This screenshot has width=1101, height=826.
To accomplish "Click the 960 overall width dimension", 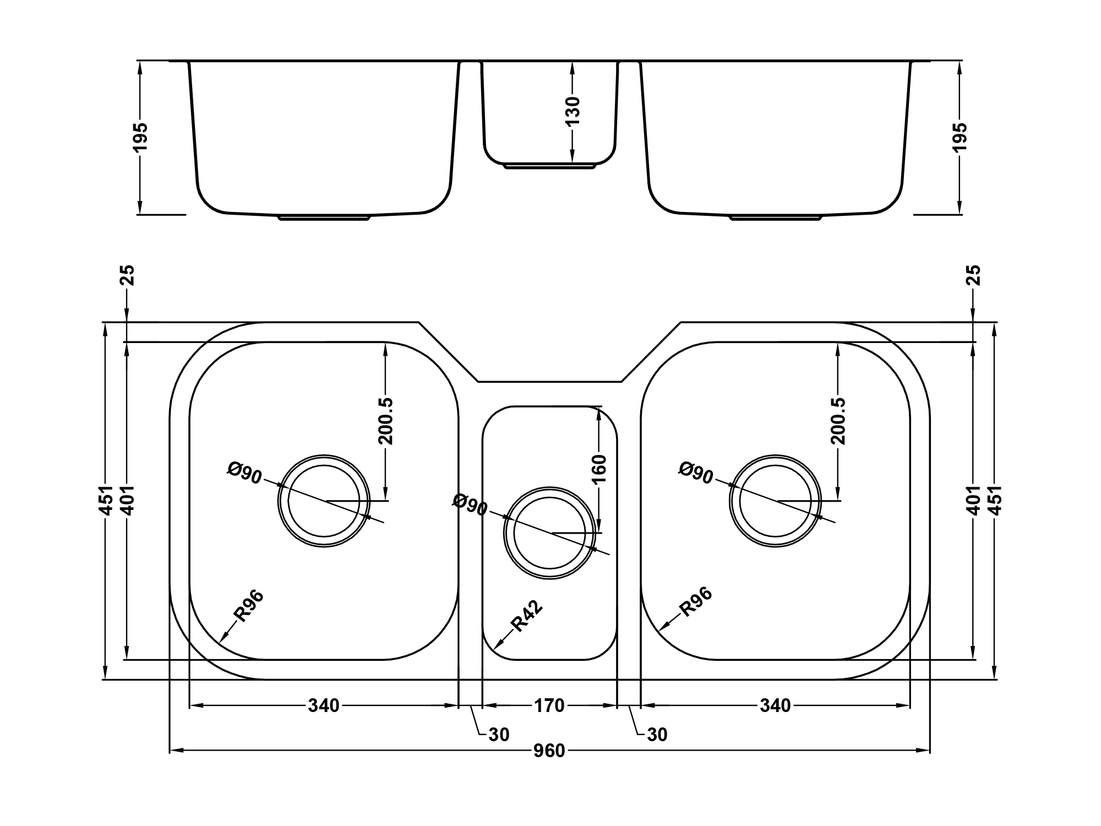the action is [x=549, y=751].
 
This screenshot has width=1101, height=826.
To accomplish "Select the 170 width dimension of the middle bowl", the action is [x=549, y=705].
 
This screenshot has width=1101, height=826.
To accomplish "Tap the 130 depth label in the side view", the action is [x=573, y=112].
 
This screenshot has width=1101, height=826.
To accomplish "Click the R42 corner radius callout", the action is [x=527, y=616].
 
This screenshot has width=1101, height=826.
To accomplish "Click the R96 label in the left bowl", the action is [x=248, y=606].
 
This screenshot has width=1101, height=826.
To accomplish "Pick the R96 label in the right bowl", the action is [x=696, y=601].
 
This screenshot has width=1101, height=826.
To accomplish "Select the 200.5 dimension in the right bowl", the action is [x=837, y=421].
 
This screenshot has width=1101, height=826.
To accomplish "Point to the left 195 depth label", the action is [x=141, y=137].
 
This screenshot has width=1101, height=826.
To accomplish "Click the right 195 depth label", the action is [x=960, y=137].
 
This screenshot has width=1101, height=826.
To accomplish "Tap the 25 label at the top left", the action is [x=127, y=275].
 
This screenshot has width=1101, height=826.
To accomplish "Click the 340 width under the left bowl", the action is [x=324, y=705].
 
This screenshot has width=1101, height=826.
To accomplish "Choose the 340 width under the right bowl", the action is [x=775, y=705].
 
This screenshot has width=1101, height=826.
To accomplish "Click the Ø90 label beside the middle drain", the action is [x=470, y=504].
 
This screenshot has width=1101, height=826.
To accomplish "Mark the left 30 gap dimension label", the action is [x=499, y=735].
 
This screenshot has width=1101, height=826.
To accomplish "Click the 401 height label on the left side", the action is [x=127, y=501].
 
